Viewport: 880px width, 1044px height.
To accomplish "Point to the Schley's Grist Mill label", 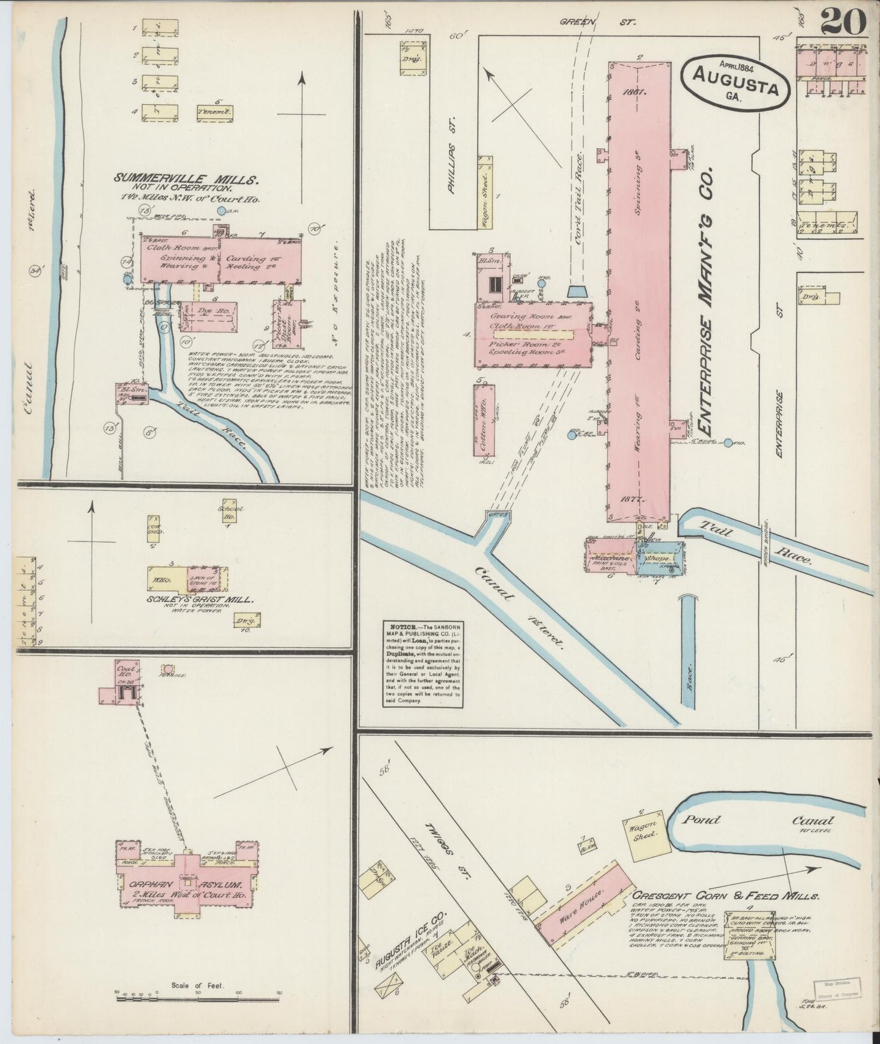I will [191, 599].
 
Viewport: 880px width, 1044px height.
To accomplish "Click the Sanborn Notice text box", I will [423, 663].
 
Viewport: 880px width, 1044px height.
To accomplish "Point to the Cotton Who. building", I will [485, 420].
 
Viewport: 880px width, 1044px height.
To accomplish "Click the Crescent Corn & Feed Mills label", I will [725, 896].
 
